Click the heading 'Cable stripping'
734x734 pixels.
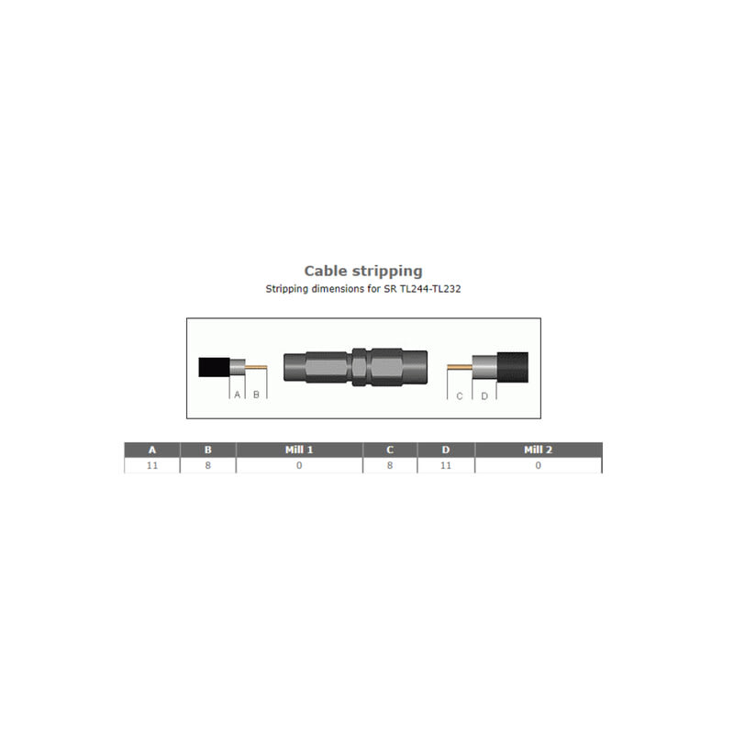click(363, 271)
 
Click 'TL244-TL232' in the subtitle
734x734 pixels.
click(430, 289)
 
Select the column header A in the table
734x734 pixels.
click(152, 450)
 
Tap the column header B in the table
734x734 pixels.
click(208, 450)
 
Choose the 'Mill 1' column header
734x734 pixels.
click(299, 450)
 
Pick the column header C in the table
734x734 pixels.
click(390, 450)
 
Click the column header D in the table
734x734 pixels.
click(446, 450)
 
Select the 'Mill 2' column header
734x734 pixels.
click(539, 450)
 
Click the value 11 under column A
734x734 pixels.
click(152, 466)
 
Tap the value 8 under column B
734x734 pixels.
click(208, 466)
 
